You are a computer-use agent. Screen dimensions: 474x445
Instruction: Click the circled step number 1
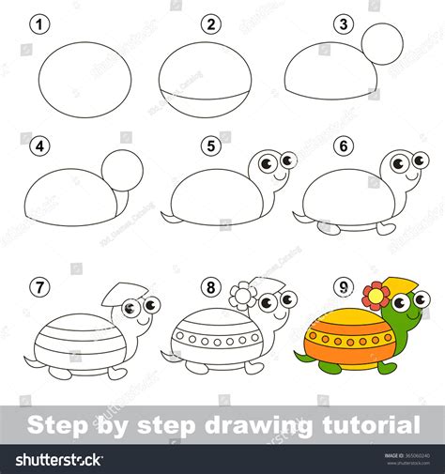coord(39,24)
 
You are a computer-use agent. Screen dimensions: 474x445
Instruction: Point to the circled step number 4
coord(39,145)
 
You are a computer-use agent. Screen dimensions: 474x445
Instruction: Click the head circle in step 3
coord(382,43)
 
